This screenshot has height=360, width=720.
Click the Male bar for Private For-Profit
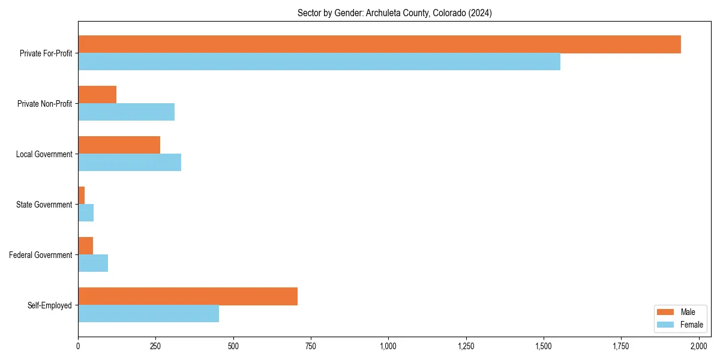[x=379, y=44]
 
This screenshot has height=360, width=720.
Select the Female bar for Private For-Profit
[x=319, y=62]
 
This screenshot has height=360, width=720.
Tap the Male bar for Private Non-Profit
[x=97, y=95]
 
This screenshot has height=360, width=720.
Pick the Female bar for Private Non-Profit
[x=126, y=112]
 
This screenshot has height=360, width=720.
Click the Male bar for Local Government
[x=119, y=145]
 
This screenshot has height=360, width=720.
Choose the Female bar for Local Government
[x=130, y=163]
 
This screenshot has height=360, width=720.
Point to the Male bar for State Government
[x=82, y=196]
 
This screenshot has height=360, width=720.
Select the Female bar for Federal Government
[x=93, y=263]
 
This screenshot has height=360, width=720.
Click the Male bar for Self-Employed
[x=188, y=296]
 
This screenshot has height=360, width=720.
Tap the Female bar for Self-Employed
[x=148, y=314]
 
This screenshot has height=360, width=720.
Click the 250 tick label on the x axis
[x=155, y=346]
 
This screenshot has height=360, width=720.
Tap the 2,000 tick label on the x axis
[x=698, y=346]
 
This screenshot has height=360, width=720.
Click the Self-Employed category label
[x=49, y=305]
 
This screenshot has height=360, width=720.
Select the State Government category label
[x=44, y=205]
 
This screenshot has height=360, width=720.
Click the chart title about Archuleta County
[x=394, y=13]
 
